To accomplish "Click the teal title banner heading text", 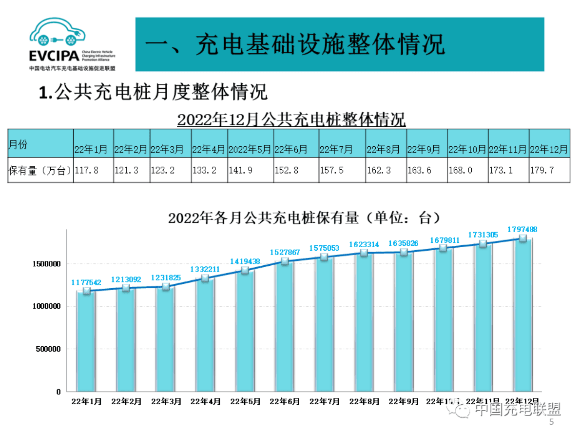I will pyautogui.click(x=295, y=45).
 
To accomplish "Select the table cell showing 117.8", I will pyautogui.click(x=88, y=170).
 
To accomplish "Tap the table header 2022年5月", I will pyautogui.click(x=250, y=149).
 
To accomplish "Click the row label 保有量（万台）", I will pyautogui.click(x=40, y=170).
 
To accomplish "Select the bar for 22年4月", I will pyautogui.click(x=205, y=336).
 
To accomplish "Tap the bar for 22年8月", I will pyautogui.click(x=364, y=324).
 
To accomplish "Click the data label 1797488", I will pyautogui.click(x=522, y=229).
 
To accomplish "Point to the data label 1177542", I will pyautogui.click(x=87, y=282).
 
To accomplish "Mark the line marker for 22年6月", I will pyautogui.click(x=285, y=262).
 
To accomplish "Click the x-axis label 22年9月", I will pyautogui.click(x=404, y=401).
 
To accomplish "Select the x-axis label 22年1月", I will pyautogui.click(x=86, y=401).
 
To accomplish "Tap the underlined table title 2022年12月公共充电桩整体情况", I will pyautogui.click(x=291, y=119).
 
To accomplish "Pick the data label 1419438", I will pyautogui.click(x=245, y=261).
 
